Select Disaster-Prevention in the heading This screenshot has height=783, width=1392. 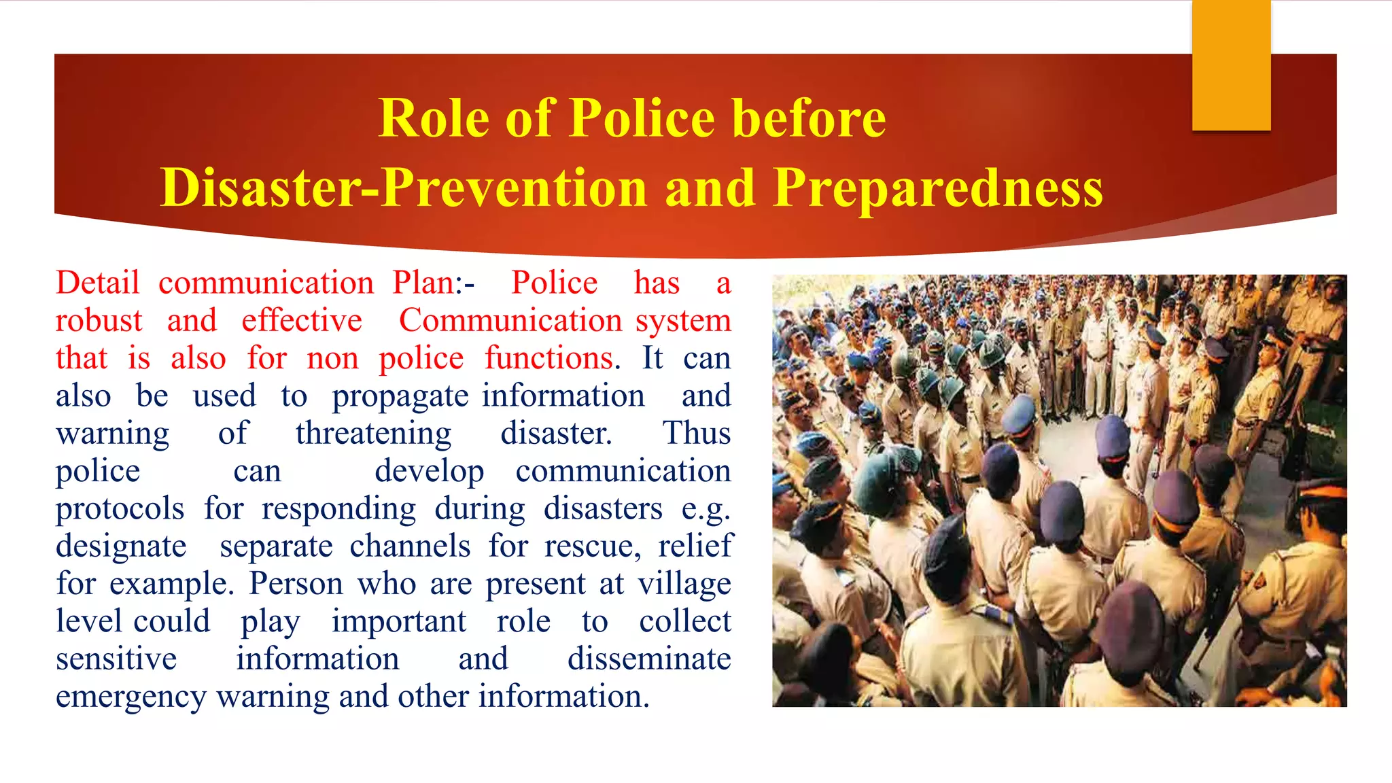point(404,188)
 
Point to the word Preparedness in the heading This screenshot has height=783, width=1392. point(938,188)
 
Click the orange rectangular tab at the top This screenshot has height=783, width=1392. point(1231,65)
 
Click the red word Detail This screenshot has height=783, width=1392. point(98,283)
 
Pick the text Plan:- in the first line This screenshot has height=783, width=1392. point(433,283)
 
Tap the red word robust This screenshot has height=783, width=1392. point(99,321)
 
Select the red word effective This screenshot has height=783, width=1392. point(302,321)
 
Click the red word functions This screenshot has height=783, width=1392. point(549,358)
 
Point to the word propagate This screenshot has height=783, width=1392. point(400,397)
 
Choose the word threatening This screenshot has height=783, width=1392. point(373,434)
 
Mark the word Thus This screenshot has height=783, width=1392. point(697,434)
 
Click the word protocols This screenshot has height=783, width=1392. point(120,509)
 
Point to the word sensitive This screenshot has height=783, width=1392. point(116,659)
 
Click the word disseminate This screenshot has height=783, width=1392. point(649,659)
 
